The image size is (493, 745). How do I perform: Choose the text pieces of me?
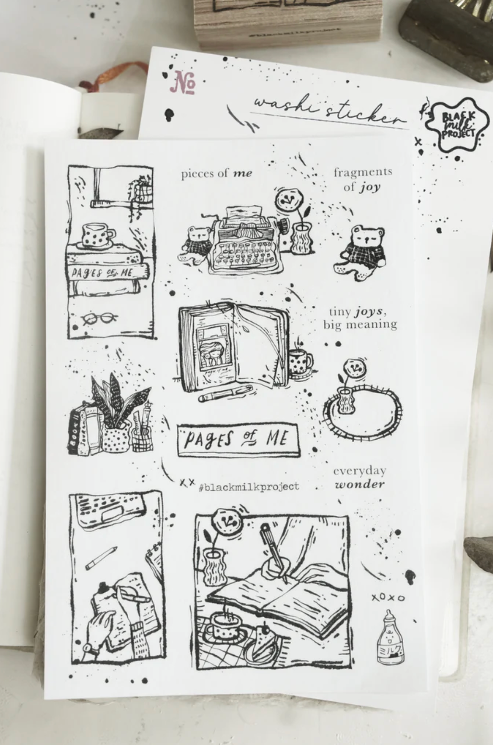click(216, 174)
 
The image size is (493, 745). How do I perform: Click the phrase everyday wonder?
click(359, 478)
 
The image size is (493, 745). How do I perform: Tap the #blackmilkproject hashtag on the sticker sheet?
click(249, 487)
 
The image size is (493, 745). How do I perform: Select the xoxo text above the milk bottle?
click(388, 598)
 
